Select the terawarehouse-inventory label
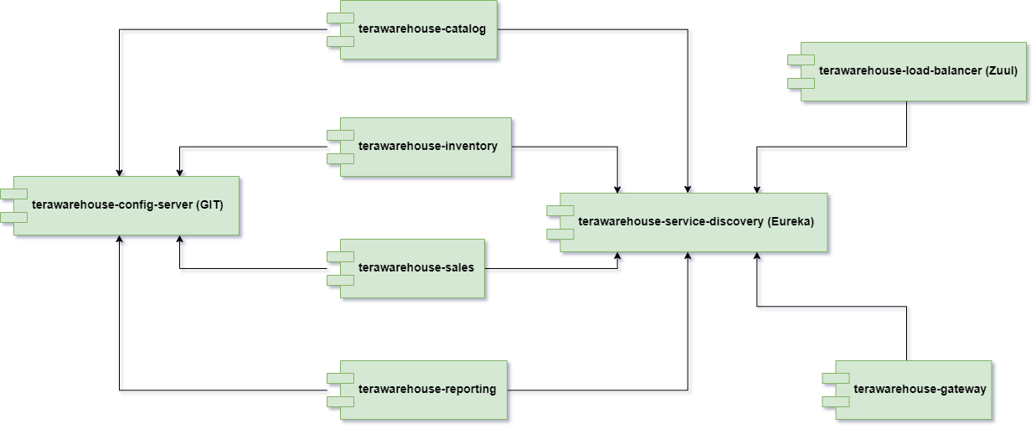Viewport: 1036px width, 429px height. tap(427, 147)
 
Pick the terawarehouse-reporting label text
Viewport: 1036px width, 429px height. tap(426, 390)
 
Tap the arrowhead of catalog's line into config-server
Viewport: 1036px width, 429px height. tap(120, 172)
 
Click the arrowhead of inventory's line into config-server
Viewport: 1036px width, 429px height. tap(180, 172)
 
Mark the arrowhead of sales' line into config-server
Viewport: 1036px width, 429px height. tap(180, 240)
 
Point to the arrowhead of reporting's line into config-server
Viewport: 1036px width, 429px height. tap(120, 240)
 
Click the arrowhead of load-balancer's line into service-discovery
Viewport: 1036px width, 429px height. tap(757, 189)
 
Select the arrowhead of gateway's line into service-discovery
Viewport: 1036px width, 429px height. tap(757, 257)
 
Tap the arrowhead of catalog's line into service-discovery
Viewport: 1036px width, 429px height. tap(688, 189)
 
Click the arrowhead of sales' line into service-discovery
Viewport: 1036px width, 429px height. tap(618, 257)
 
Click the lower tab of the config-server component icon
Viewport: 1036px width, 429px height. tap(14, 217)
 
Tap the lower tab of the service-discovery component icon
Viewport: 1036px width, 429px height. tap(560, 234)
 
